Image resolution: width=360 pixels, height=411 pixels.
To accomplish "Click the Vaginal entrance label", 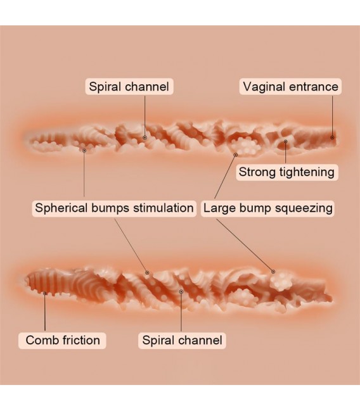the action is (x=290, y=87).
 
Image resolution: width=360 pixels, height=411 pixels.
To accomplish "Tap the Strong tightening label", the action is (x=286, y=172).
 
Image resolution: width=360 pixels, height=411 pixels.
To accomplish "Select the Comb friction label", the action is (x=63, y=340).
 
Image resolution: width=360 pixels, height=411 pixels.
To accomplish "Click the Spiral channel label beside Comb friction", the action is (x=182, y=340).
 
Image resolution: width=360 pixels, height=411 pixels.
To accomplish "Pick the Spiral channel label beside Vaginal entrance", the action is (x=129, y=87).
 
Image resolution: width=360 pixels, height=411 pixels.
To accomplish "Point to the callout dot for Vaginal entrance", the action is (x=332, y=137).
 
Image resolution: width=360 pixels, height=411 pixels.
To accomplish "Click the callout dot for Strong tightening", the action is (x=286, y=141).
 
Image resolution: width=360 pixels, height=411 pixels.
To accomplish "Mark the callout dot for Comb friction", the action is (x=45, y=293).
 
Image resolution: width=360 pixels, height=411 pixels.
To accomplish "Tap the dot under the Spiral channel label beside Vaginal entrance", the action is (x=145, y=137).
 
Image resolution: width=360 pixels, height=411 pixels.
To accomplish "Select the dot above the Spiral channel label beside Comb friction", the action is (x=181, y=291).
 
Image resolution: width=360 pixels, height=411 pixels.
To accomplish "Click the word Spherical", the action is (x=61, y=208).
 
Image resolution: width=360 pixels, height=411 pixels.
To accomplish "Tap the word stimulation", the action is (x=164, y=208).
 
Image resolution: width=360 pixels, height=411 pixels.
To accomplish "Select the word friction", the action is (x=81, y=340).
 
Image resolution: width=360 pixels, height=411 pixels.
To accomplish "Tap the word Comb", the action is (x=42, y=340).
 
